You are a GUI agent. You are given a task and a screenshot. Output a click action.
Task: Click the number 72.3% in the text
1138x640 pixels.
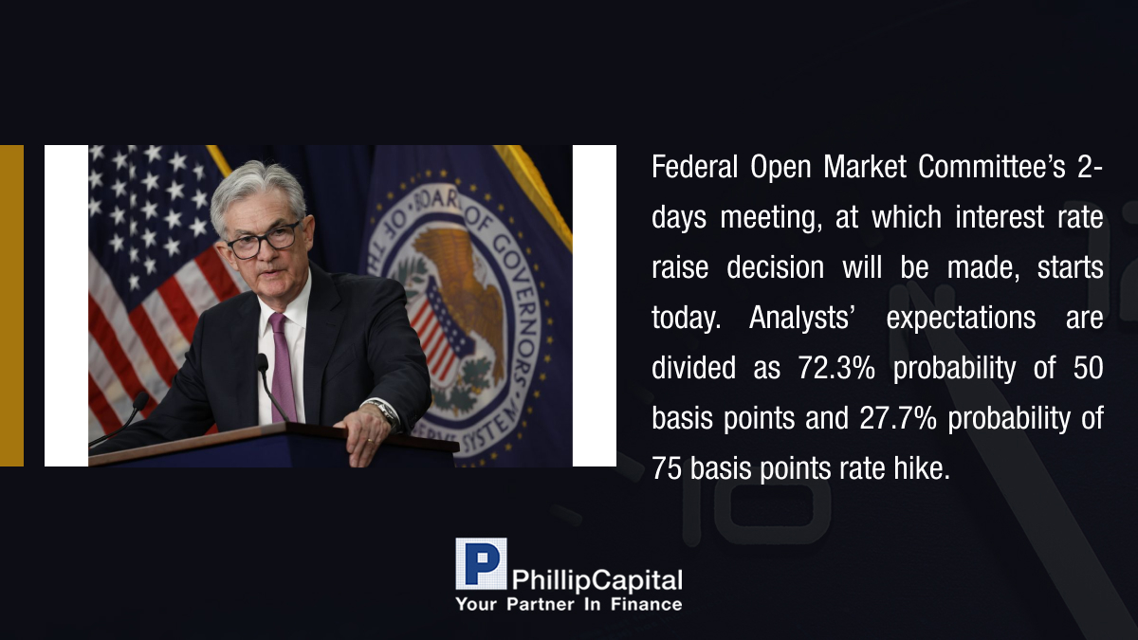point(836,367)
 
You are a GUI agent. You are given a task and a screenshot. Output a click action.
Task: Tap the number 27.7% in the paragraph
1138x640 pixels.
point(898,417)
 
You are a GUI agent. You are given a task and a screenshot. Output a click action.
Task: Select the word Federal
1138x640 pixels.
point(694,166)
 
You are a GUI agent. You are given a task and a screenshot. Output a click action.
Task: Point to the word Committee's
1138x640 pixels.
point(991,166)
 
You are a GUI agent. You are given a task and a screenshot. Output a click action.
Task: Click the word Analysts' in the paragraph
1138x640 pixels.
point(799,318)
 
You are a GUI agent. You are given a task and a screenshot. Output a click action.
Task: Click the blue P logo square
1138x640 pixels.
point(481,564)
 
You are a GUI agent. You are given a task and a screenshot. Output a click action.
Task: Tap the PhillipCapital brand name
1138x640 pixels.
point(597,580)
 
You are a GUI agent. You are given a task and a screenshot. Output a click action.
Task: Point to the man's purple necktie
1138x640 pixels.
point(283,367)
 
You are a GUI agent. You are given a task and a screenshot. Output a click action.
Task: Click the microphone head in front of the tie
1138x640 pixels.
point(262,362)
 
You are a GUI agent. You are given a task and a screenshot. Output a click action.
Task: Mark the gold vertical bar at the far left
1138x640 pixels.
point(11,305)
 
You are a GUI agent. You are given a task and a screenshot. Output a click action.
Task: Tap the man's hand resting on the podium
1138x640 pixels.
point(366,430)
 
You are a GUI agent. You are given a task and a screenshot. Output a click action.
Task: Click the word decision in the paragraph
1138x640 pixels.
point(776,267)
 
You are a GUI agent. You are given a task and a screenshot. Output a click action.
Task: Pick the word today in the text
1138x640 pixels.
point(684,318)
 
